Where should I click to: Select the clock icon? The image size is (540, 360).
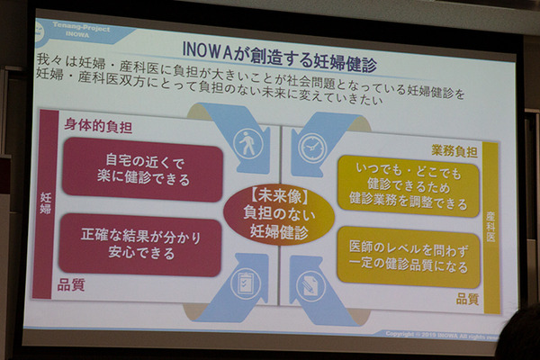click(310, 144)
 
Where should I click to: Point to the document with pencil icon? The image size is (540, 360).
click(310, 283)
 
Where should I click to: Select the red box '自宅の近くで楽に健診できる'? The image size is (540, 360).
click(142, 170)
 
